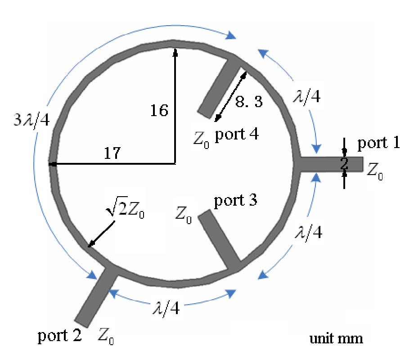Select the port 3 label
[x=235, y=201]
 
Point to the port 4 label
[x=237, y=134]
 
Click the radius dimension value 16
[x=159, y=110]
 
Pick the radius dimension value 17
[x=112, y=153]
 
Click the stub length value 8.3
[x=249, y=101]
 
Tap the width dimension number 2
[x=344, y=163]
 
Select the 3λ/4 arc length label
[x=31, y=120]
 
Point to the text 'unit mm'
[x=336, y=338]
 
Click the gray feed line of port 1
[x=332, y=164]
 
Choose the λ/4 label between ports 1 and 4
[x=307, y=97]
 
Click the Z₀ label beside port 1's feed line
[x=375, y=171]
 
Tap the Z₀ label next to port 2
[x=106, y=336]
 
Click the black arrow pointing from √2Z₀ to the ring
[x=102, y=234]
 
